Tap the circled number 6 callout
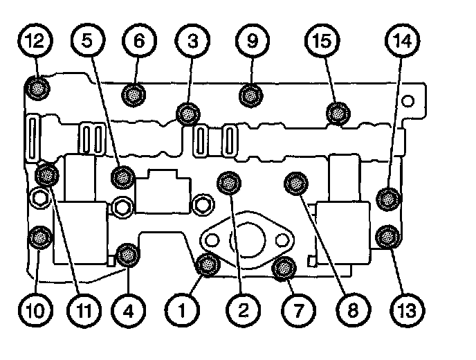point(139,41)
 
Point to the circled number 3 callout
point(193,41)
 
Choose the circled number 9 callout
point(252,41)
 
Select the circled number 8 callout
point(354,309)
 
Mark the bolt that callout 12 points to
point(35,88)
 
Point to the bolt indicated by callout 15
point(337,111)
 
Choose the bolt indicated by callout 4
point(127,255)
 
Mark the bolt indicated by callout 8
point(295,183)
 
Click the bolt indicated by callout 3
point(187,112)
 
